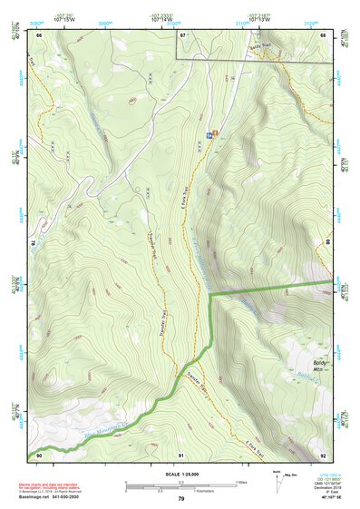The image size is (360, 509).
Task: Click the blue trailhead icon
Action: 209,135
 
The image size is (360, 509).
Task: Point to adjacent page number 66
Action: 40,34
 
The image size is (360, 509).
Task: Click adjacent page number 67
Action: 182,34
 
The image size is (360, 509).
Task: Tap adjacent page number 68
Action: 323,34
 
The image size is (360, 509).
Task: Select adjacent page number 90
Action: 40,455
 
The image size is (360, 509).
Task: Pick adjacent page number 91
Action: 182,455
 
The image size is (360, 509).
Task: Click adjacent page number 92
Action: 323,455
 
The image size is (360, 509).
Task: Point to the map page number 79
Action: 181,498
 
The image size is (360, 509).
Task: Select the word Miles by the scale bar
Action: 241,482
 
